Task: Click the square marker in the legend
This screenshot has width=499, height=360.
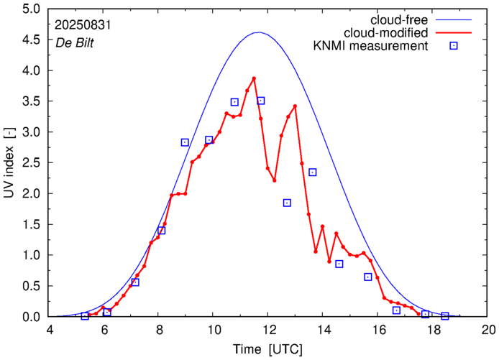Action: click(454, 47)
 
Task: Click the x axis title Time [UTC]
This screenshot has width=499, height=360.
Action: click(268, 349)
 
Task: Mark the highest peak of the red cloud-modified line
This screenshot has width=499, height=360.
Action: click(254, 78)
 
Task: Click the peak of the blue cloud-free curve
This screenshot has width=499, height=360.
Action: click(259, 32)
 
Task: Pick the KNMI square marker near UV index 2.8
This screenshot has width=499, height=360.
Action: click(185, 142)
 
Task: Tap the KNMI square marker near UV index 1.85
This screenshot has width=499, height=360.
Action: click(287, 203)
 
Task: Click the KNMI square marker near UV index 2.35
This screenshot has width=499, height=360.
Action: click(313, 172)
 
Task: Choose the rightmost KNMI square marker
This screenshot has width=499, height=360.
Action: click(445, 316)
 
